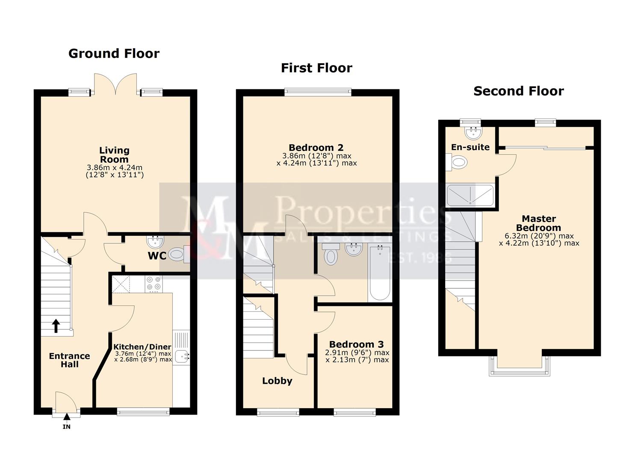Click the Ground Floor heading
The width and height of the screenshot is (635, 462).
tap(114, 53)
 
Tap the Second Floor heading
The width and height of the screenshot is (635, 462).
tap(518, 91)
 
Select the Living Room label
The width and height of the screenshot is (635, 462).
tap(114, 155)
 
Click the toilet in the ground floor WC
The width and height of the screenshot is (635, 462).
tap(177, 255)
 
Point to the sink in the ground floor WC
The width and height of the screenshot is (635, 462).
tap(153, 243)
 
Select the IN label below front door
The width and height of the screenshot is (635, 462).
tap(67, 426)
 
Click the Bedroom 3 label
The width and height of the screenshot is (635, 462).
tap(356, 344)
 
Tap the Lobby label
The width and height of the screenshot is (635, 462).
tap(277, 381)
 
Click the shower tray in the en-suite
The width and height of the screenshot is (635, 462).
tap(470, 195)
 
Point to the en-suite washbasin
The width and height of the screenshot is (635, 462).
tap(473, 133)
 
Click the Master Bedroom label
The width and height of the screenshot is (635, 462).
tap(538, 223)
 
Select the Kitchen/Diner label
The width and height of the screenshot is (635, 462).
tap(142, 346)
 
